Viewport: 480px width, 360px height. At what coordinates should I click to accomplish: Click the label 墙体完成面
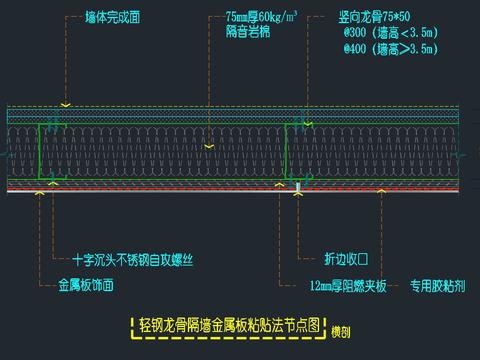pyautogui.click(x=112, y=17)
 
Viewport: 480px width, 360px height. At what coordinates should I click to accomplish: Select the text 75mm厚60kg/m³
pyautogui.click(x=261, y=17)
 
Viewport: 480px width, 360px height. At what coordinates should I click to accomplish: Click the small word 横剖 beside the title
pyautogui.click(x=342, y=332)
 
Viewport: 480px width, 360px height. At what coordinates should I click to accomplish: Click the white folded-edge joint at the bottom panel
pyautogui.click(x=298, y=187)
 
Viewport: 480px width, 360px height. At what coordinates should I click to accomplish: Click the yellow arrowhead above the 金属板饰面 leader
pyautogui.click(x=41, y=197)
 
